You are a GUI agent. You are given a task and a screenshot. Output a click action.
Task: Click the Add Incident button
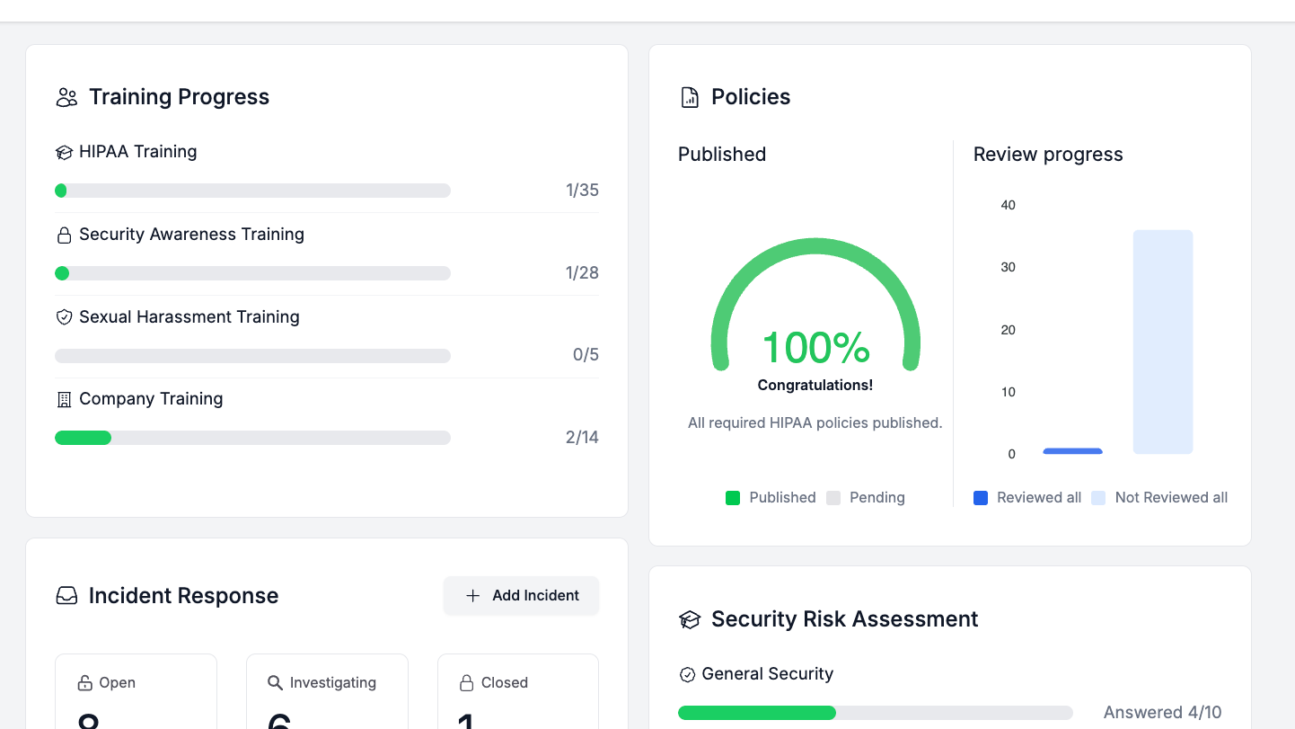point(521,596)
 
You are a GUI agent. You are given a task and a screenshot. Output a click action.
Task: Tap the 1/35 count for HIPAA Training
point(582,191)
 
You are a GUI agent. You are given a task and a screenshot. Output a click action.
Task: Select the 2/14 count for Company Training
point(582,438)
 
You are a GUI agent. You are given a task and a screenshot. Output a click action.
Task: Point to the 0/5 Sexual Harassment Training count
point(586,355)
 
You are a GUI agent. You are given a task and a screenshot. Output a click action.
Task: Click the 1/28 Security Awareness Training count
point(582,273)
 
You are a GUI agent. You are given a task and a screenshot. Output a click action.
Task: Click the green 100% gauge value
point(815,348)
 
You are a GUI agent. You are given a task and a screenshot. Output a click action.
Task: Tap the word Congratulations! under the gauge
point(815,385)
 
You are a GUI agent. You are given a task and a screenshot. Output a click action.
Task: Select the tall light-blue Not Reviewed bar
point(1163,342)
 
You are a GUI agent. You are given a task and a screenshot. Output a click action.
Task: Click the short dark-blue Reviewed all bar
point(1072,450)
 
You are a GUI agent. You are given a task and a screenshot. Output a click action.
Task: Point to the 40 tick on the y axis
point(1009,205)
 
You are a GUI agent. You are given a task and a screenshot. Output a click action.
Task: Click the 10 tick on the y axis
point(1009,392)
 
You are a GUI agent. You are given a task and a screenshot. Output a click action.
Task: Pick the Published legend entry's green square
point(733,498)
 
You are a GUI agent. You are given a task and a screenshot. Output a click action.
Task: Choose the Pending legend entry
point(866,498)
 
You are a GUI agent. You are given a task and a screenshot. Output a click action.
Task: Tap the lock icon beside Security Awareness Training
point(64,236)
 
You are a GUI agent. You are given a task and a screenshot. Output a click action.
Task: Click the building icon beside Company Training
point(64,400)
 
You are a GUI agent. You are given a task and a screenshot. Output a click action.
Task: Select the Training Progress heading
point(179,97)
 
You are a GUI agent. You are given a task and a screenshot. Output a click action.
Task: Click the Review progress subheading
point(1048,155)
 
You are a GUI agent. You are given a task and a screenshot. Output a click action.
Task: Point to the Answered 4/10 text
point(1162,713)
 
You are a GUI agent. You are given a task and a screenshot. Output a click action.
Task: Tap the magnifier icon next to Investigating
point(275,683)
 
